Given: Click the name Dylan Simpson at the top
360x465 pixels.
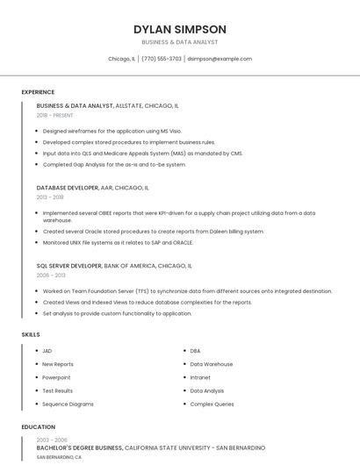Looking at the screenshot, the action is [180, 29].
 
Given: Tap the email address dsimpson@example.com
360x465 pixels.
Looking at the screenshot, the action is [220, 59].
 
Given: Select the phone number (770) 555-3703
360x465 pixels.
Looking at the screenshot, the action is [162, 59].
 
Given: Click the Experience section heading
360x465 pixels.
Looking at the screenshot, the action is [38, 92].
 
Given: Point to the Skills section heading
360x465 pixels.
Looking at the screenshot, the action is [31, 334].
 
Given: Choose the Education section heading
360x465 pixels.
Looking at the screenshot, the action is [38, 427].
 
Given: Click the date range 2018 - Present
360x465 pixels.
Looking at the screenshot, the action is [55, 115].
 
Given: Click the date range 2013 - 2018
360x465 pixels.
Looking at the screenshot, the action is [50, 197].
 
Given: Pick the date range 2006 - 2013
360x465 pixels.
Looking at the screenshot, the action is [50, 275].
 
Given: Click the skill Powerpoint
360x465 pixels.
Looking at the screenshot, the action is [58, 377].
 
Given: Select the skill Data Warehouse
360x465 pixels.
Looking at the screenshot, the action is [212, 364].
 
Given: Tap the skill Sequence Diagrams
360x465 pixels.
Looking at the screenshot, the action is [68, 404].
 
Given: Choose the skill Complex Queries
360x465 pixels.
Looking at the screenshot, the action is [212, 404].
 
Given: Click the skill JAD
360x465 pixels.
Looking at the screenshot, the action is [47, 351].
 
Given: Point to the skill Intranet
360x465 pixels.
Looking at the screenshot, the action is [200, 377].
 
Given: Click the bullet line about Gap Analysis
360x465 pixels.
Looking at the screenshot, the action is [114, 164].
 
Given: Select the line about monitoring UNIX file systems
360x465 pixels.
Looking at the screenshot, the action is [118, 242].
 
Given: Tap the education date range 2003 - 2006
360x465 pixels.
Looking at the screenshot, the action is [52, 440].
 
